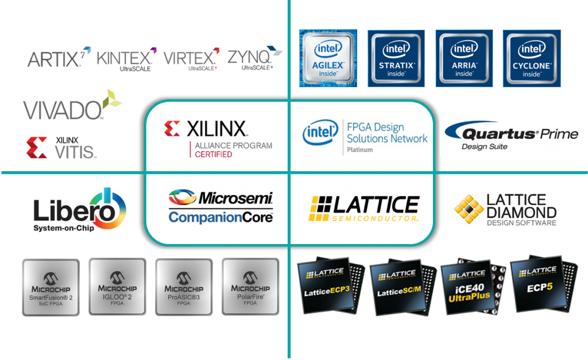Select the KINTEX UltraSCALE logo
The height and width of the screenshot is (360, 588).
click(x=126, y=59)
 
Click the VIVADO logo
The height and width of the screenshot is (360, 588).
click(x=72, y=104)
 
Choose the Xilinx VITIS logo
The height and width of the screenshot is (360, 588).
click(x=62, y=148)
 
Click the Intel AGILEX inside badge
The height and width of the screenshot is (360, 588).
click(x=328, y=59)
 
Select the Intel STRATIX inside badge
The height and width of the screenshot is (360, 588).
click(x=396, y=59)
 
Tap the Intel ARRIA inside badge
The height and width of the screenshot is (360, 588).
click(x=464, y=59)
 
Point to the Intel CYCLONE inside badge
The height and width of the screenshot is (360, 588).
click(x=532, y=59)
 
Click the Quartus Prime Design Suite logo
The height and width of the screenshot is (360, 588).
click(x=510, y=135)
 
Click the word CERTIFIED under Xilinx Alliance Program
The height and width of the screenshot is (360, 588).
click(x=214, y=154)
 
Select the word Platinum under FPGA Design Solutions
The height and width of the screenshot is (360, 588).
click(x=360, y=150)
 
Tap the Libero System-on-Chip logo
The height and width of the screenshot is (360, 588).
click(x=79, y=210)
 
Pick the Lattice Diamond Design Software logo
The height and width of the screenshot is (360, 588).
click(x=505, y=210)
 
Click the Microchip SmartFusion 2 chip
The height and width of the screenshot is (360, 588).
click(x=51, y=287)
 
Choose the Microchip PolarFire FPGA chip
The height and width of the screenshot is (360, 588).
click(x=250, y=287)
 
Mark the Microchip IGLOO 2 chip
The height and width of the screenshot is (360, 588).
click(x=117, y=287)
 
